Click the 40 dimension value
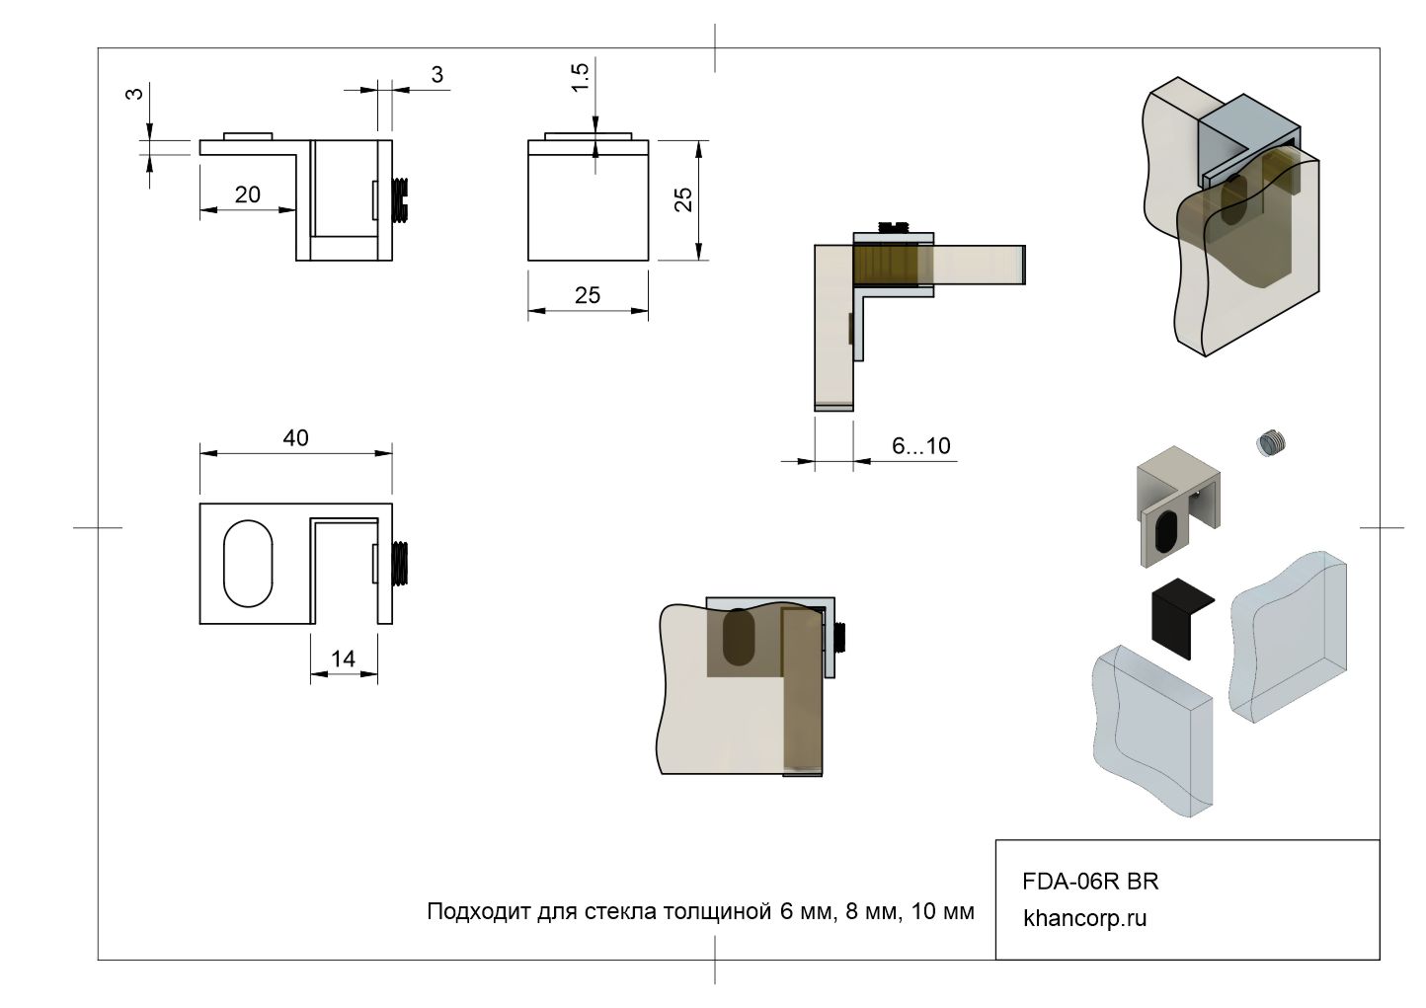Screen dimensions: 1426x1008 click(x=296, y=437)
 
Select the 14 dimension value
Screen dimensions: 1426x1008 click(x=343, y=659)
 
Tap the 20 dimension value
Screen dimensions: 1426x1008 click(x=248, y=194)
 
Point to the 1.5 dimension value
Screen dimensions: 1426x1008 click(x=580, y=77)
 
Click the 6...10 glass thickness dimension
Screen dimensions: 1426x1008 click(x=921, y=445)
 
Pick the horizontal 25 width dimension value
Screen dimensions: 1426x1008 click(x=587, y=295)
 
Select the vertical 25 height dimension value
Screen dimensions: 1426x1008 click(x=683, y=199)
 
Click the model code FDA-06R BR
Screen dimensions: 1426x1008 click(x=1090, y=882)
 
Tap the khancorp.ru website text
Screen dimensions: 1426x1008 click(x=1084, y=917)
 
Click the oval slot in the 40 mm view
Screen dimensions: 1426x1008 click(x=248, y=563)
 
